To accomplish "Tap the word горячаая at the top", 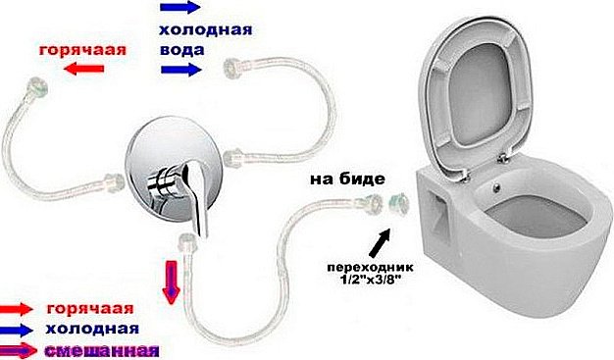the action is pyautogui.click(x=84, y=47).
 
